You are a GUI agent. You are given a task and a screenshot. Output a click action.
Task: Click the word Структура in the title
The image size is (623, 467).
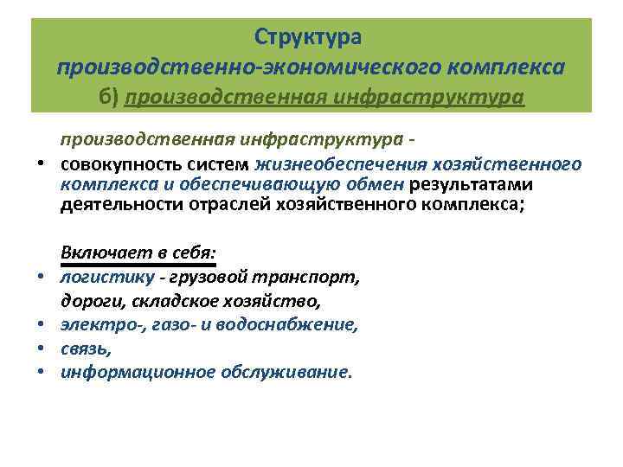click(311, 37)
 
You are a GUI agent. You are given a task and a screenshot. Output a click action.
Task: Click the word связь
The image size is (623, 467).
click(86, 349)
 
